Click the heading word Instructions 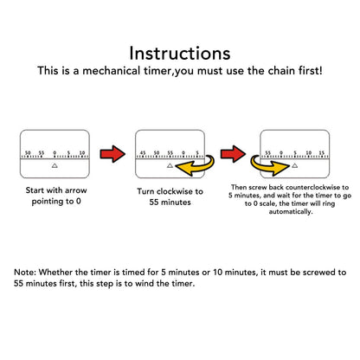(180, 54)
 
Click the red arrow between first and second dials (112, 154)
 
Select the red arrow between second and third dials (234, 154)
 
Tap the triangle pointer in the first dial (55, 165)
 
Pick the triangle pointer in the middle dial (170, 165)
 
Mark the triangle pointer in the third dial (294, 165)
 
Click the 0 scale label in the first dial (55, 153)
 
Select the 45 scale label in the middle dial (143, 153)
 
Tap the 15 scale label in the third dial (322, 153)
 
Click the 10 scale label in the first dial (82, 153)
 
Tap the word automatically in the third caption (291, 212)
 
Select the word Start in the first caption (35, 190)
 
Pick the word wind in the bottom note (145, 283)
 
